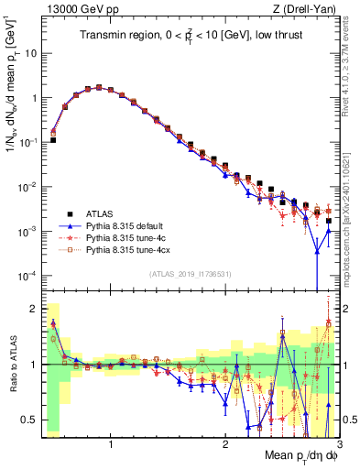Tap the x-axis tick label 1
click(x=111, y=444)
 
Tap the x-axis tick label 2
click(x=225, y=444)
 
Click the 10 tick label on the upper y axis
click(x=30, y=52)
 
